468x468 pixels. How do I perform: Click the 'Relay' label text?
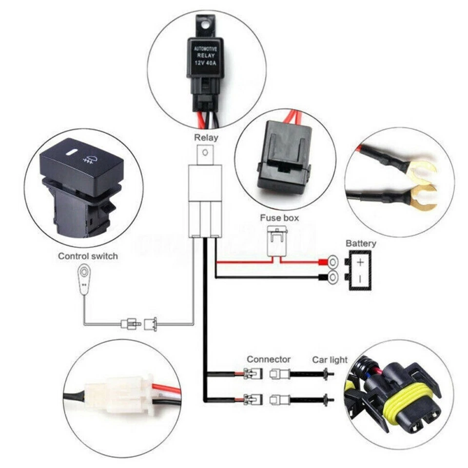(x=206, y=138)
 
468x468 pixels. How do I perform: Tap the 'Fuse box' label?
(x=279, y=218)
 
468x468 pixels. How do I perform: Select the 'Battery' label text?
(x=361, y=243)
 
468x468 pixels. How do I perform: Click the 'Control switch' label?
(x=88, y=256)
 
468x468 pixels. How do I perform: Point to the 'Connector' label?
(x=269, y=359)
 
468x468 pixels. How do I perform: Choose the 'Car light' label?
(x=330, y=360)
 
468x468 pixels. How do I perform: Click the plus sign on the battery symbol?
(x=361, y=262)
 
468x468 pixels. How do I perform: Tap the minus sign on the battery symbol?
(x=361, y=279)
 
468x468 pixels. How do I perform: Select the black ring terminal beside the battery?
(x=331, y=278)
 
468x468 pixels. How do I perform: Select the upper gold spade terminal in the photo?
(x=422, y=171)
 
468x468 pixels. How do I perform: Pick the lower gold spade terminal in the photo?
(x=422, y=197)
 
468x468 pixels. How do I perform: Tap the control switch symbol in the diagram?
(x=85, y=278)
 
